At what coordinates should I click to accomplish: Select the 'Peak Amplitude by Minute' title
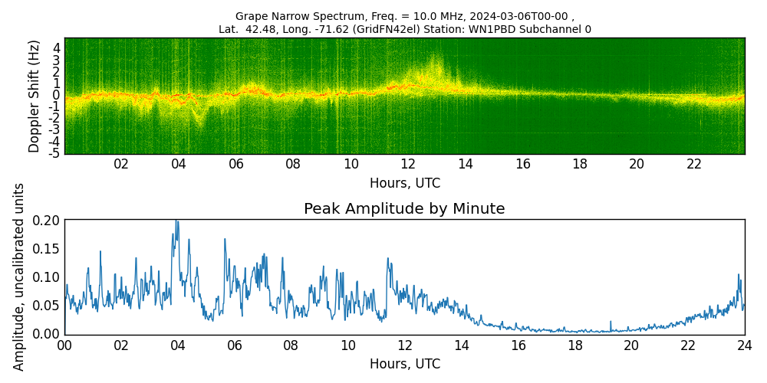[x=404, y=209]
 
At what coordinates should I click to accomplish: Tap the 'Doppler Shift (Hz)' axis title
[x=35, y=97]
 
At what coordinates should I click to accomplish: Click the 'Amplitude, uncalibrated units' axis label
[x=19, y=277]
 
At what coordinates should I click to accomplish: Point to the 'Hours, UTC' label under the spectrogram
[x=404, y=184]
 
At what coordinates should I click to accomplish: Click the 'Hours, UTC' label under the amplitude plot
[x=404, y=364]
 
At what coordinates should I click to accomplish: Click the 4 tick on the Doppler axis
[x=57, y=47]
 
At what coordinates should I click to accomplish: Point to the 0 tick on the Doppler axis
[x=57, y=95]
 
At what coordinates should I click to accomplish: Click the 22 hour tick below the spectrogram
[x=694, y=165]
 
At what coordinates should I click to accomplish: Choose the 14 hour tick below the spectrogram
[x=465, y=165]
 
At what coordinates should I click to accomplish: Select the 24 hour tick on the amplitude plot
[x=744, y=345]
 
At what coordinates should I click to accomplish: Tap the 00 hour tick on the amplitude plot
[x=64, y=345]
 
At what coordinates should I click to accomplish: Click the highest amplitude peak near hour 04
[x=176, y=221]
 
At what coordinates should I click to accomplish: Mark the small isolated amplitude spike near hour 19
[x=611, y=322]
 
